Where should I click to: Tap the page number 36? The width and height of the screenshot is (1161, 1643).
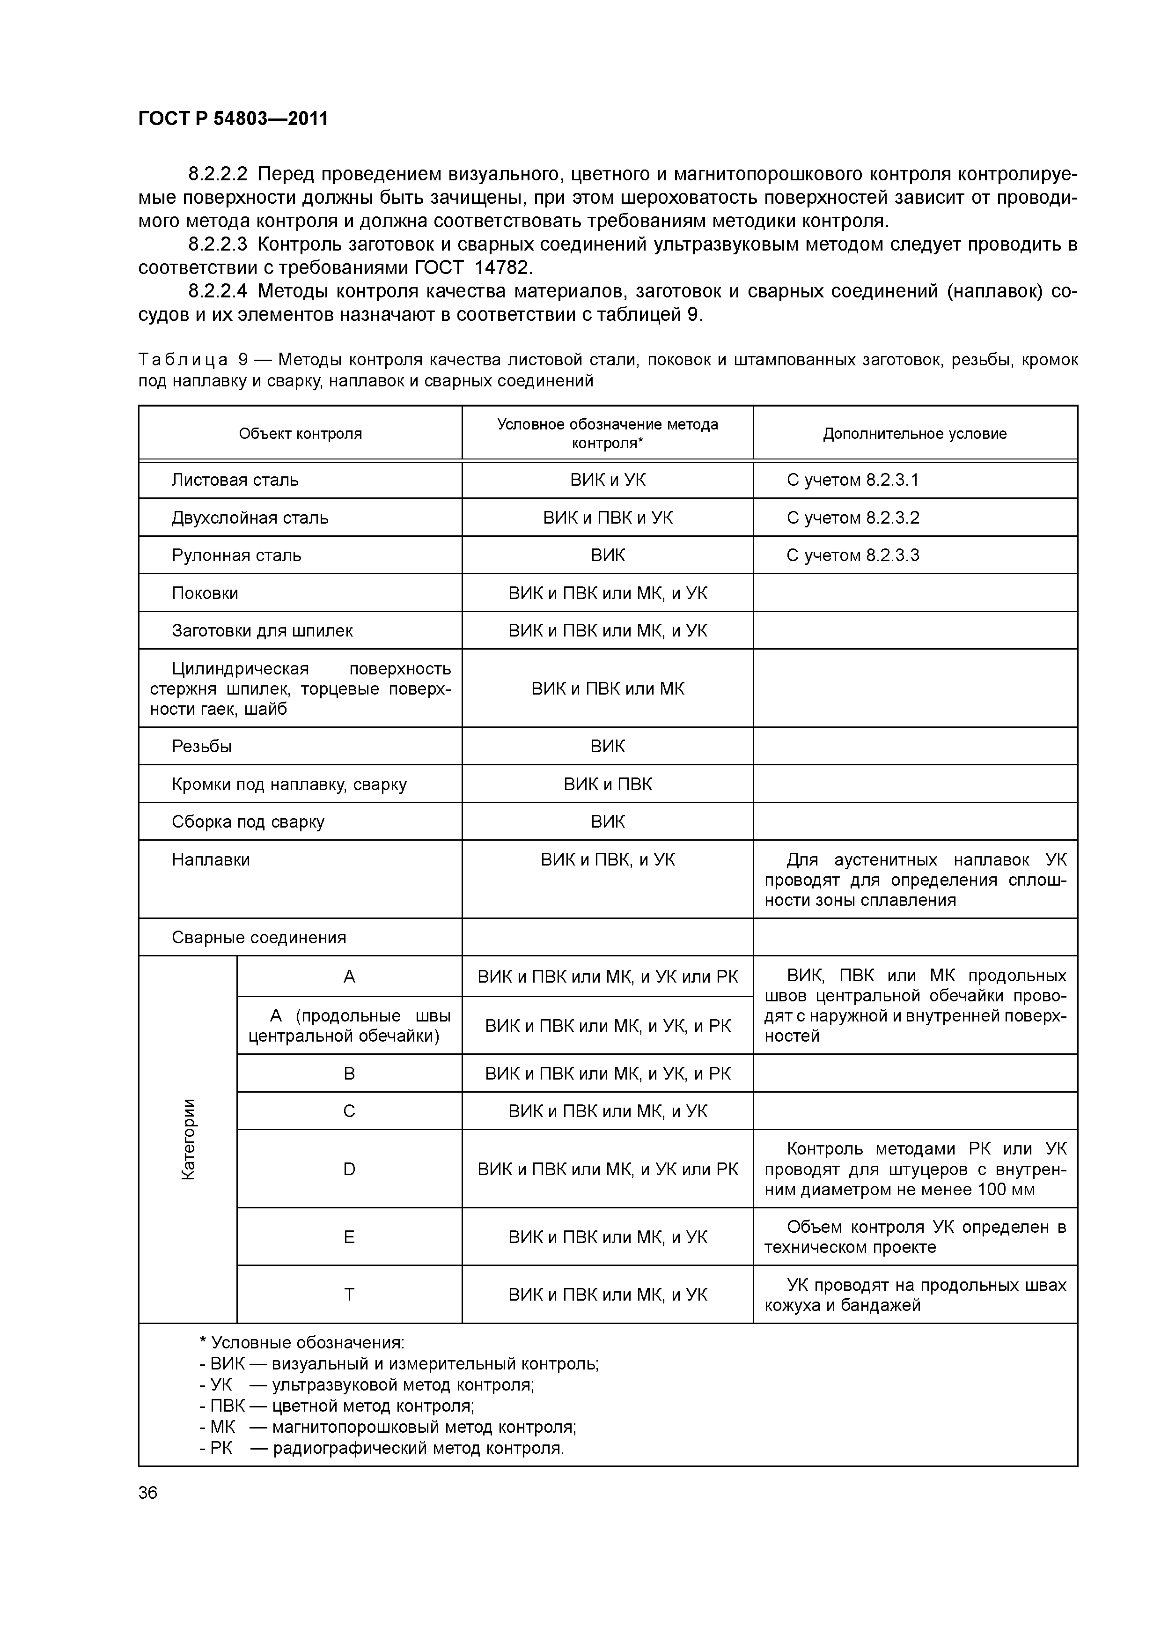[148, 1493]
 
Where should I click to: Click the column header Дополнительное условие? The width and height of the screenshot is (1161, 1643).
[914, 434]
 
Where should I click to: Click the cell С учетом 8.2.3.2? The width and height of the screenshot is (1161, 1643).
[852, 518]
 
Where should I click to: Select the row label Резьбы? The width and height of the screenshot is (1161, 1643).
[202, 747]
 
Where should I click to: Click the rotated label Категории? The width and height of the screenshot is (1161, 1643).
[188, 1139]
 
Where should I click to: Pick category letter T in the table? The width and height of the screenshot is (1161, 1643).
[349, 1295]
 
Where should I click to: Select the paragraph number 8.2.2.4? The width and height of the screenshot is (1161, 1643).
[218, 291]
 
